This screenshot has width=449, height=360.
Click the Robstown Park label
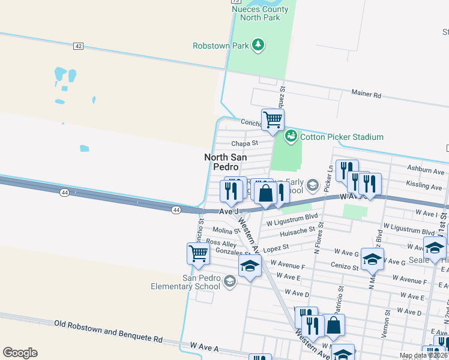click(221, 46)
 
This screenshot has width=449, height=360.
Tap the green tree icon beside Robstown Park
click(258, 45)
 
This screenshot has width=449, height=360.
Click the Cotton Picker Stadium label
click(342, 137)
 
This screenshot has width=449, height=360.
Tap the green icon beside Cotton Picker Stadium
click(291, 136)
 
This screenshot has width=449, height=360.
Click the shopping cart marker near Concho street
click(273, 119)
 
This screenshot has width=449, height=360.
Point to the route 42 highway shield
click(78, 46)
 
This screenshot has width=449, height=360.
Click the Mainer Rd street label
click(366, 95)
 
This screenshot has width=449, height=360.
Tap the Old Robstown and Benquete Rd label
click(108, 340)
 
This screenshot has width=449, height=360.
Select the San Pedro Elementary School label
click(202, 281)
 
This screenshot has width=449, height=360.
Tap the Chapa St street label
click(244, 143)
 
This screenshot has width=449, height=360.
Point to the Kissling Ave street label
click(424, 187)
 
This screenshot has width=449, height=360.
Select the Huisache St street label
click(297, 230)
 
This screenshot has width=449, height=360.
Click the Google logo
click(20, 353)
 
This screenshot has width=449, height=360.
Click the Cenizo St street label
click(344, 265)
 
